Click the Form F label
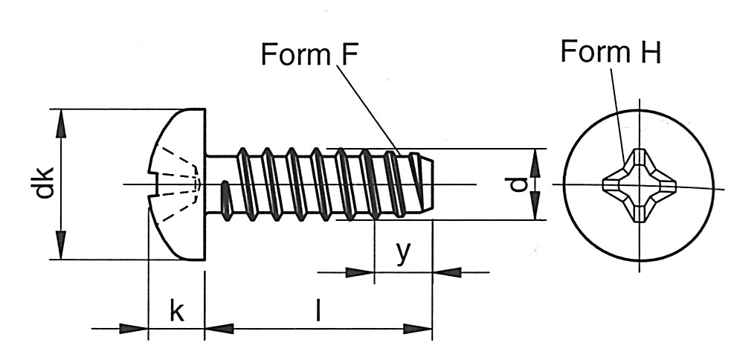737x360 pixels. pyautogui.click(x=309, y=54)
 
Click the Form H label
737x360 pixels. pyautogui.click(x=611, y=51)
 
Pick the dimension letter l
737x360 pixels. pyautogui.click(x=318, y=310)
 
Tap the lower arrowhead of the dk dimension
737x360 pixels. pyautogui.click(x=61, y=245)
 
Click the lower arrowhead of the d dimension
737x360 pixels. pyautogui.click(x=535, y=205)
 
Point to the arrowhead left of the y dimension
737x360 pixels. pyautogui.click(x=359, y=272)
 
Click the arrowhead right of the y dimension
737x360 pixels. pyautogui.click(x=446, y=272)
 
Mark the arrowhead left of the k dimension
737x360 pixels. pyautogui.click(x=134, y=329)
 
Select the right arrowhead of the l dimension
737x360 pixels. pyautogui.click(x=417, y=329)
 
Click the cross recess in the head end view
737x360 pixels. pyautogui.click(x=639, y=185)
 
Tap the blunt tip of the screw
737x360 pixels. pyautogui.click(x=431, y=184)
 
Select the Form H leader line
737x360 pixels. pyautogui.click(x=617, y=115)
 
